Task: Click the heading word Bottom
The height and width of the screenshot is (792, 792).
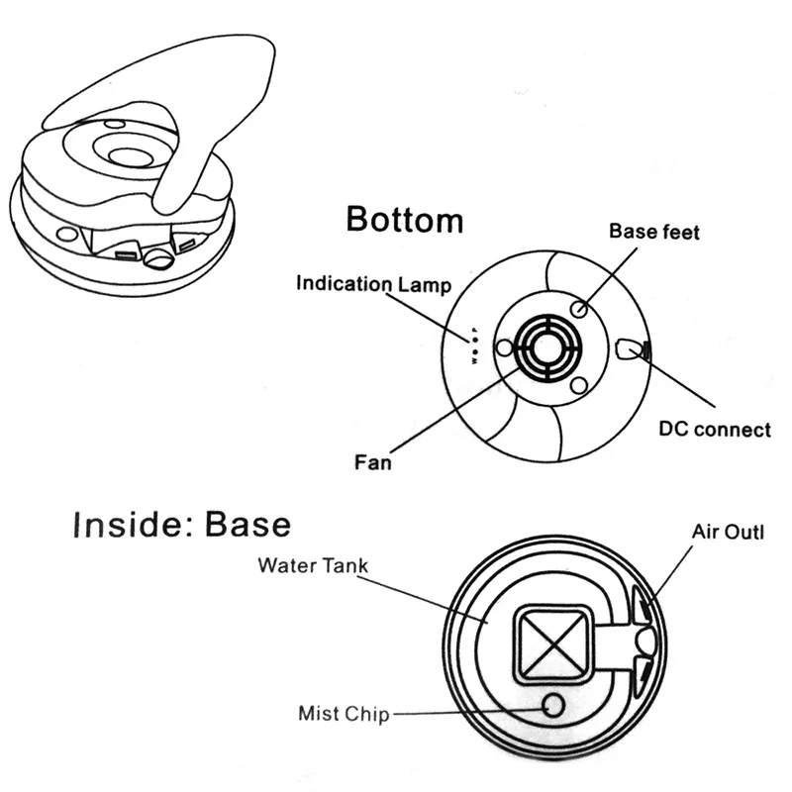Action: [404, 219]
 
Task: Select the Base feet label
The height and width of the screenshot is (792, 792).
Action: [653, 233]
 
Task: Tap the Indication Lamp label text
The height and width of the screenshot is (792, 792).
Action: [374, 285]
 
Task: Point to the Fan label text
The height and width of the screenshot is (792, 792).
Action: [373, 461]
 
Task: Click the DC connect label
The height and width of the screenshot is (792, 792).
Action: [715, 430]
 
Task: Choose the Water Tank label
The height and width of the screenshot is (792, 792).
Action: [313, 566]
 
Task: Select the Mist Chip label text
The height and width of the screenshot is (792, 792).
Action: [345, 713]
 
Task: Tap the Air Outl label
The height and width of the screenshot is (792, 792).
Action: [728, 535]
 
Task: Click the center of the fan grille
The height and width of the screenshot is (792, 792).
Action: [542, 347]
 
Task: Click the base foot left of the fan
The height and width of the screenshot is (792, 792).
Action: [503, 348]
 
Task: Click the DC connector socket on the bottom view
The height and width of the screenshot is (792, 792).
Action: [631, 349]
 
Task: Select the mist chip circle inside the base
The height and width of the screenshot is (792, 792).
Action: [551, 705]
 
